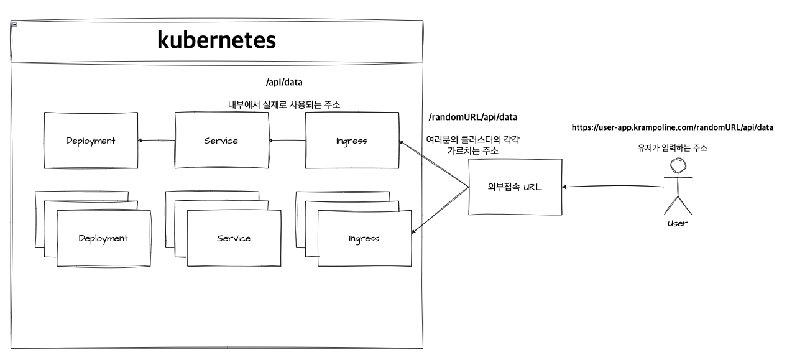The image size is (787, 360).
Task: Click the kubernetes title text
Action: [x=216, y=40]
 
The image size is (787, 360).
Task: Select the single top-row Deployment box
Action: [x=90, y=141]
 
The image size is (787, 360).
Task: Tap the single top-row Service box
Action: [x=221, y=141]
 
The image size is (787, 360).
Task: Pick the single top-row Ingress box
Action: [x=352, y=141]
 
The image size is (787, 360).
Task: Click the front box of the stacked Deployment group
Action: [x=103, y=238]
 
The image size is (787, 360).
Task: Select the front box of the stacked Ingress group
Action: [x=364, y=238]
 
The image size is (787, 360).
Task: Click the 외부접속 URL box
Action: [x=515, y=187]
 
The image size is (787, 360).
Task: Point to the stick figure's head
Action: [x=676, y=165]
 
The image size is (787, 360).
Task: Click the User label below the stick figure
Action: [x=677, y=223]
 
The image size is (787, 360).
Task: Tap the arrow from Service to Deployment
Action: [x=156, y=141]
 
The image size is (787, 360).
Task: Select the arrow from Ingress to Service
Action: [x=287, y=141]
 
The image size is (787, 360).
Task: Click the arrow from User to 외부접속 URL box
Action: [x=612, y=187]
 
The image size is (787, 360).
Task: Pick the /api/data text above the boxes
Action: [x=283, y=82]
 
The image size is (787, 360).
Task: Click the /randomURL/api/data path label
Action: [x=473, y=117]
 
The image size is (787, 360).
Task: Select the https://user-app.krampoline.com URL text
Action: [x=672, y=127]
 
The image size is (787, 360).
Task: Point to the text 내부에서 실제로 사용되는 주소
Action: [x=283, y=105]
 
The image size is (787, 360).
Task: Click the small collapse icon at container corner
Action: [x=14, y=24]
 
